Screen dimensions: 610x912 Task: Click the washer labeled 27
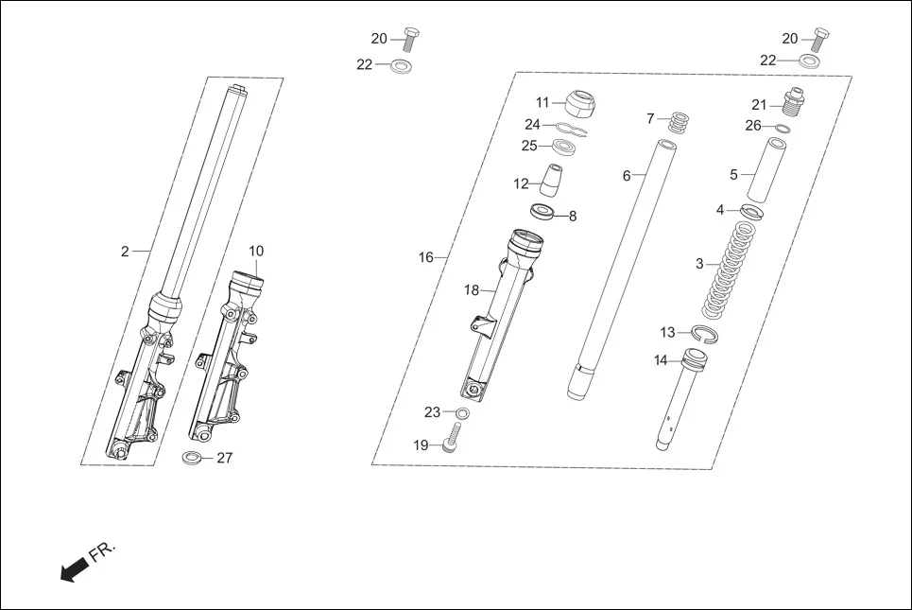point(192,459)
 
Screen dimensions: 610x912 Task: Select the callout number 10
point(256,251)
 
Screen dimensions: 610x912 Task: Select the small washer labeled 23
point(461,413)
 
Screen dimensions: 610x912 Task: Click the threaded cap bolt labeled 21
point(792,103)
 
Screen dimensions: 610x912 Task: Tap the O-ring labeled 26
point(783,127)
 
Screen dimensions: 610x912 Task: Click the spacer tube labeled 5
point(774,171)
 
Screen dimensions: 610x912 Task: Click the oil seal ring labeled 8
point(542,210)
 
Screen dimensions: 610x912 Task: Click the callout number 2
point(125,251)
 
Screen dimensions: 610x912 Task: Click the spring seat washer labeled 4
point(750,212)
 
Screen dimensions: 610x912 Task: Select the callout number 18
point(472,290)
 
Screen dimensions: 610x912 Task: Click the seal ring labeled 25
point(563,147)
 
